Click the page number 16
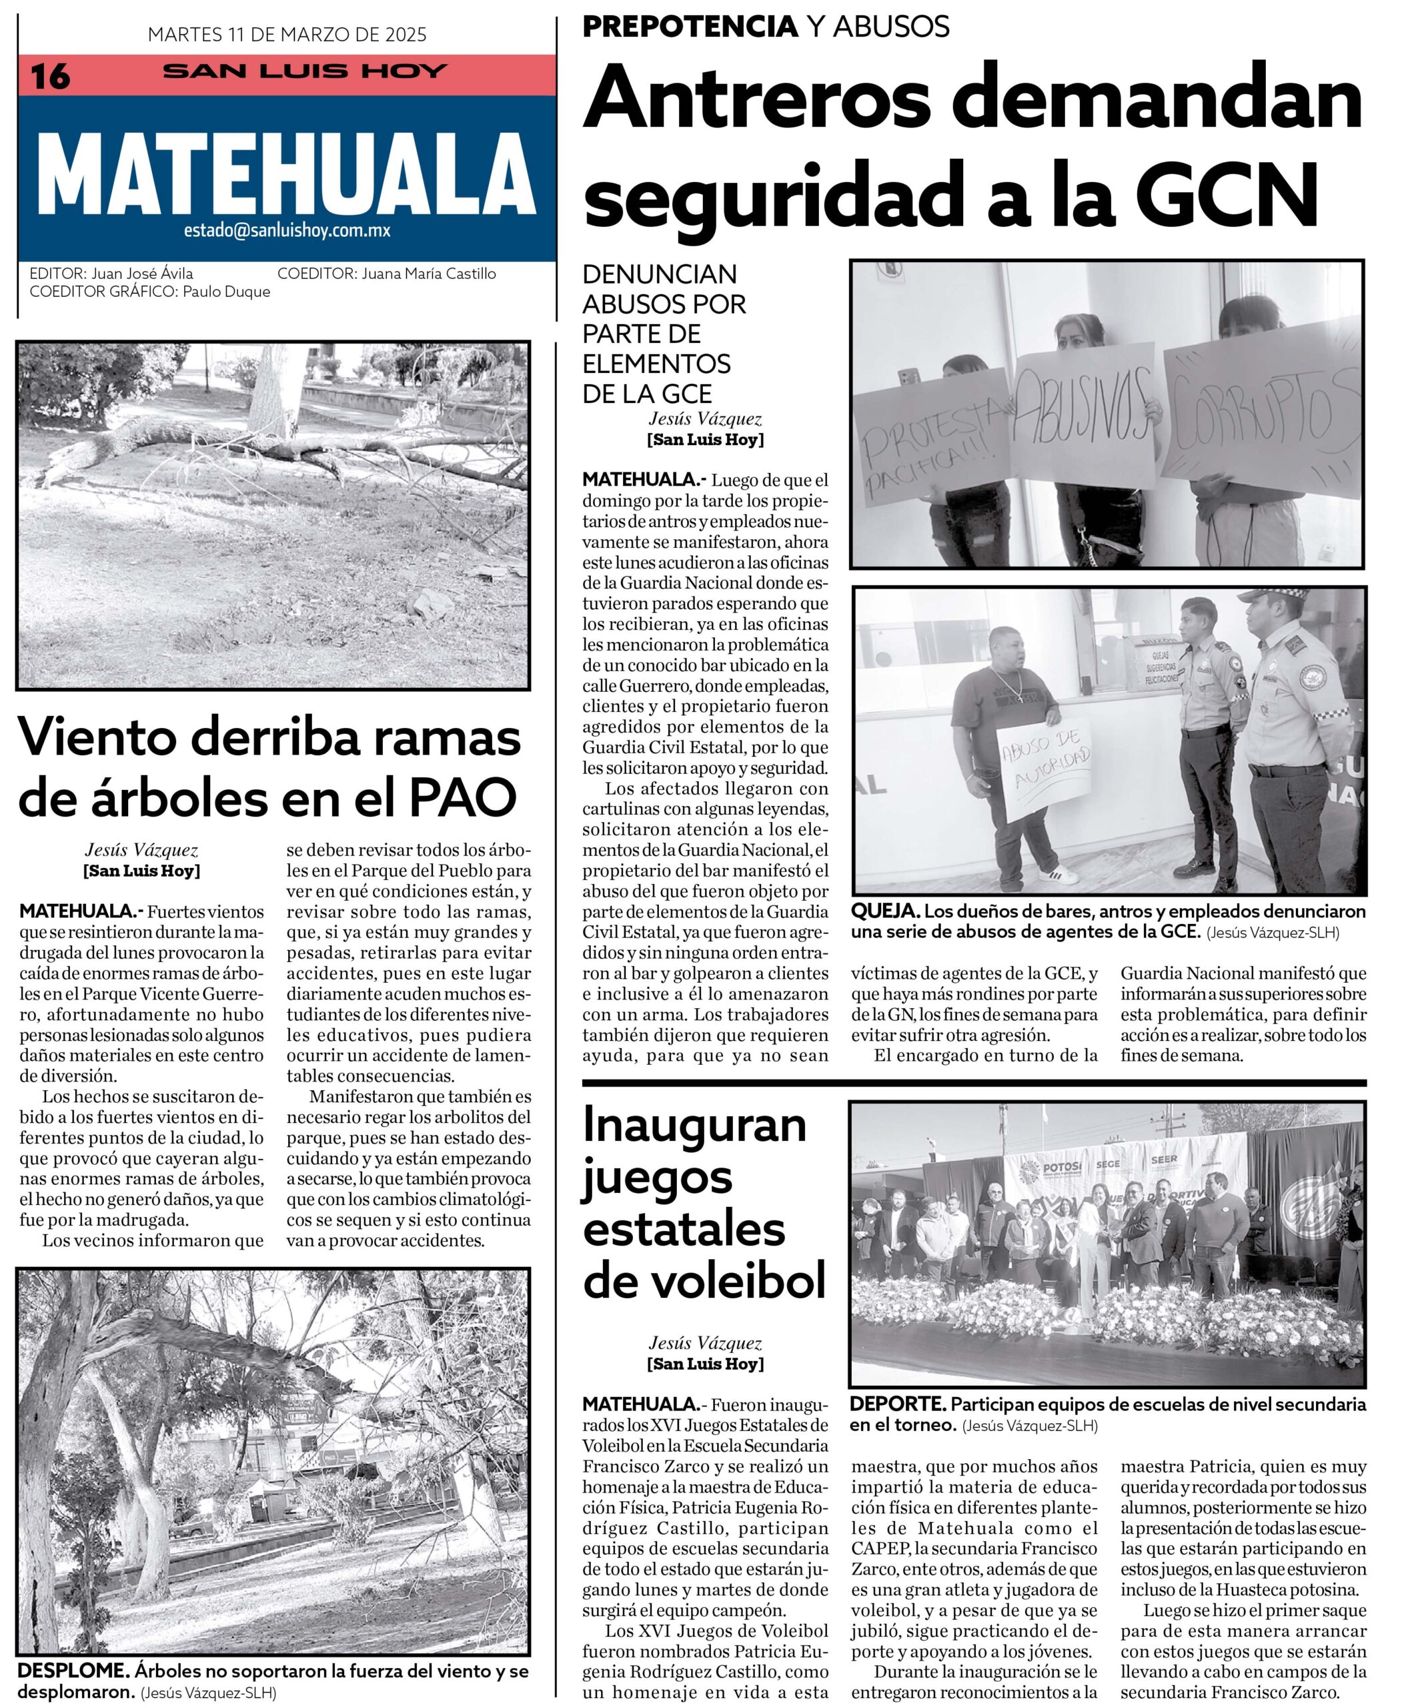(x=51, y=77)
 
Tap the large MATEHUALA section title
(x=286, y=173)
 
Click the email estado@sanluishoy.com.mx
(x=286, y=231)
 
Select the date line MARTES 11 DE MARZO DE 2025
(x=286, y=35)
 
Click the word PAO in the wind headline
(x=462, y=797)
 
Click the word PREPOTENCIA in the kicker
(x=690, y=27)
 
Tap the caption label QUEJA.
(x=885, y=912)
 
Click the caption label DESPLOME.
(x=73, y=1672)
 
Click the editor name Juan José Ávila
(x=142, y=274)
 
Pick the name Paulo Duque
(x=226, y=292)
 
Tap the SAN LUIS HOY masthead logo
(x=305, y=71)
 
